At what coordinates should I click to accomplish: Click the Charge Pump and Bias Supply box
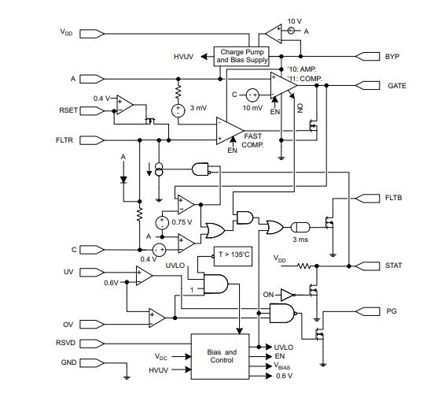point(244,56)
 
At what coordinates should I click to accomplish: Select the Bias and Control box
point(221,355)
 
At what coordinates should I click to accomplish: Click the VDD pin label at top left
point(66,33)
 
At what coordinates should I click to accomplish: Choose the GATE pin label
point(396,85)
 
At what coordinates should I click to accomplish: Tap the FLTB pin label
point(394,198)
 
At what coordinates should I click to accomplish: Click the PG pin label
point(392,311)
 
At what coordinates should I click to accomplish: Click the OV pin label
point(68,325)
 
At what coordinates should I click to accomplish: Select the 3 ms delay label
point(300,239)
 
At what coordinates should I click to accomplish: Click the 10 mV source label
point(252,108)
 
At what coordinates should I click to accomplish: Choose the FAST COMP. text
point(252,141)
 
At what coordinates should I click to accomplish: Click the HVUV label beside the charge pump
point(184,57)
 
